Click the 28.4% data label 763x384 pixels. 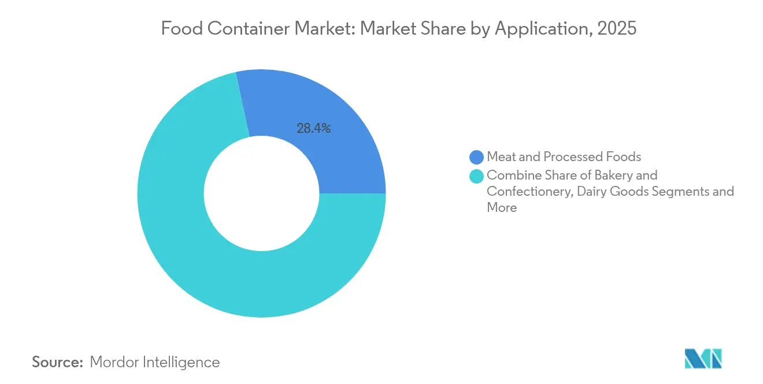click(313, 129)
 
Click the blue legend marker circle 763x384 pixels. click(477, 156)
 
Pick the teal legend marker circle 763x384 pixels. click(477, 175)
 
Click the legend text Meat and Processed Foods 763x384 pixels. click(564, 156)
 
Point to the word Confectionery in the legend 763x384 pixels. click(527, 191)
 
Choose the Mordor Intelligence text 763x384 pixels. click(155, 362)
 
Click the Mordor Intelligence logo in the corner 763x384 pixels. click(703, 359)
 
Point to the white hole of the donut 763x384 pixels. click(261, 193)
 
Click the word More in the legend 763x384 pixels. click(502, 207)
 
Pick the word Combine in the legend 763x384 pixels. click(511, 174)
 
